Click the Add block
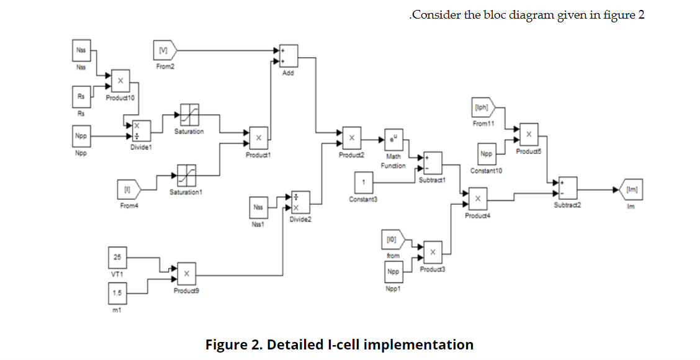point(288,56)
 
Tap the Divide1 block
point(137,131)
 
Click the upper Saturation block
point(188,115)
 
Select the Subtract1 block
point(432,163)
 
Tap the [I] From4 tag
point(128,188)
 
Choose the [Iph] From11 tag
point(482,107)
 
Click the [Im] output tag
point(631,189)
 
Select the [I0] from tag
point(393,240)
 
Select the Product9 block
point(186,274)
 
